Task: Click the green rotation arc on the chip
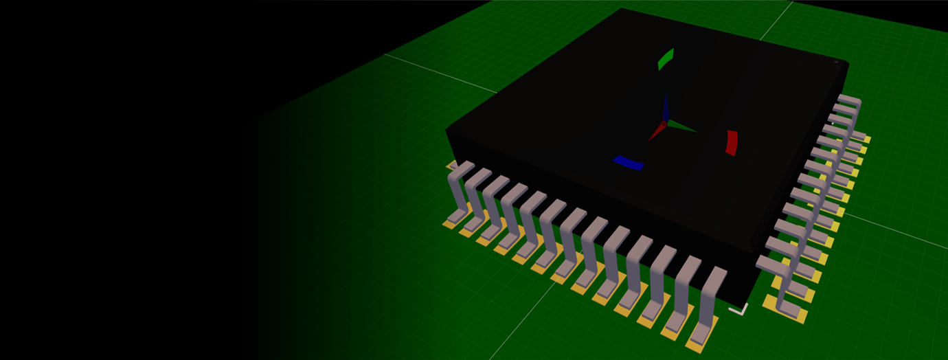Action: point(666,59)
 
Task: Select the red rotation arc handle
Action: point(732,142)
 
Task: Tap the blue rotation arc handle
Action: point(628,163)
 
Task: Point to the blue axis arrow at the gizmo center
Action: point(666,109)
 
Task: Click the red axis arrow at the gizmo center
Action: point(656,132)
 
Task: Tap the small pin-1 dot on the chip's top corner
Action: point(836,63)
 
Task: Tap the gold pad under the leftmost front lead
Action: point(450,223)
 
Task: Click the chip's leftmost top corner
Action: point(447,129)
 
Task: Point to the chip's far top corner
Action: point(621,9)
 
